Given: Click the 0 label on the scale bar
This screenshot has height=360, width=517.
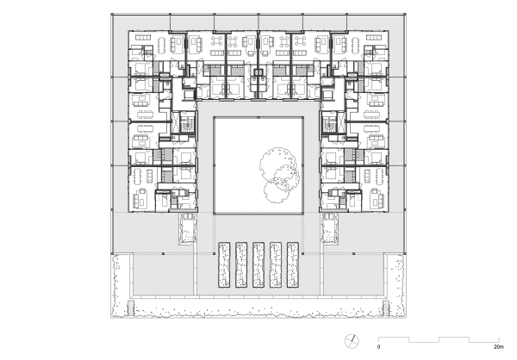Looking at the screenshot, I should tap(378, 347).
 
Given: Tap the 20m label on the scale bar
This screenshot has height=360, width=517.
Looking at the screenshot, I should tap(498, 347).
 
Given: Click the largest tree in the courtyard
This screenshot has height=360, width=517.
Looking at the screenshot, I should tap(279, 162).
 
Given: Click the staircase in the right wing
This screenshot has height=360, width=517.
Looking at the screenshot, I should tap(332, 126).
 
